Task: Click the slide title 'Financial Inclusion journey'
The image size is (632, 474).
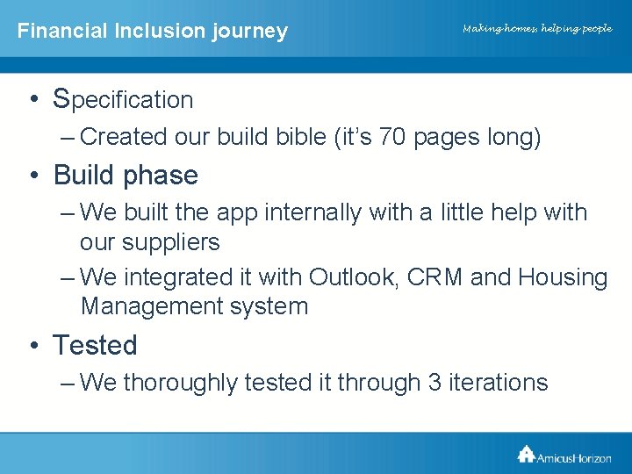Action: tap(153, 31)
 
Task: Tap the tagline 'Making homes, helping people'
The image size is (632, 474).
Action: tap(537, 29)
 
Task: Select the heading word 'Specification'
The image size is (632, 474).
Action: tap(124, 99)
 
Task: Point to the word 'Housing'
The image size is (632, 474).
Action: tap(563, 277)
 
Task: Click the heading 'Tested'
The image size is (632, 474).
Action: tap(95, 345)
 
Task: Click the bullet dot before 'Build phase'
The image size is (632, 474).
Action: tap(32, 176)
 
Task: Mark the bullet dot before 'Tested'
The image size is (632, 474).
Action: tap(32, 345)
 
